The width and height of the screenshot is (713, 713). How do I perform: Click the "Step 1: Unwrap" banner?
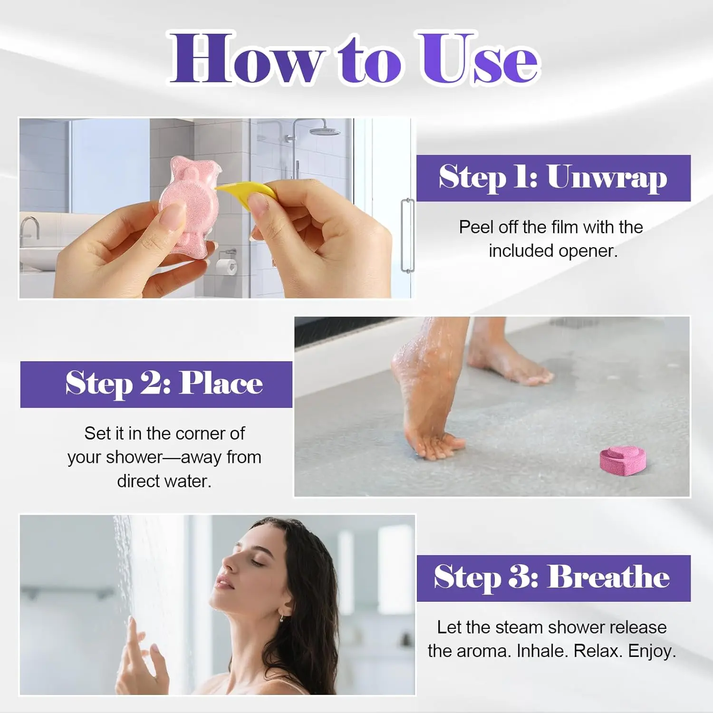553,178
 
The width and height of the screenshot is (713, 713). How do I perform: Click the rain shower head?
324,131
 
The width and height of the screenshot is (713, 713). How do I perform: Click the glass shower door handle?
407,235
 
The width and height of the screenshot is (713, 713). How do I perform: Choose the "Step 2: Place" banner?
156,384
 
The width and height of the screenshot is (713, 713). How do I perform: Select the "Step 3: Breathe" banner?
553,578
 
